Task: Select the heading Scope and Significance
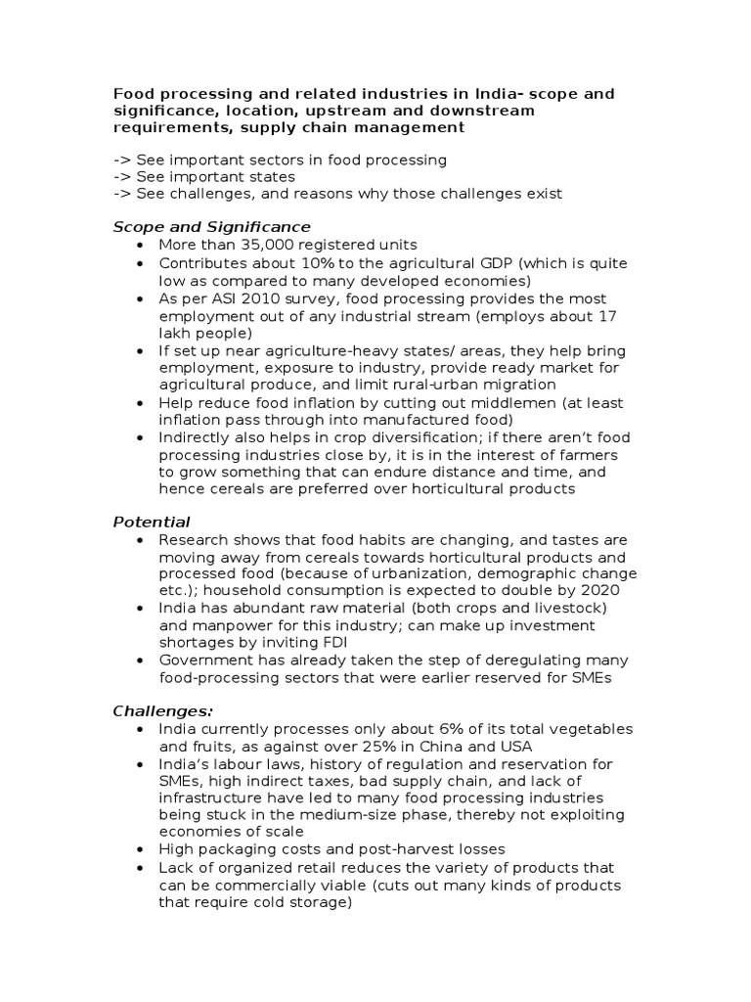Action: click(212, 226)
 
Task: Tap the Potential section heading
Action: click(152, 522)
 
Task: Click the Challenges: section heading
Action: click(162, 709)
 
